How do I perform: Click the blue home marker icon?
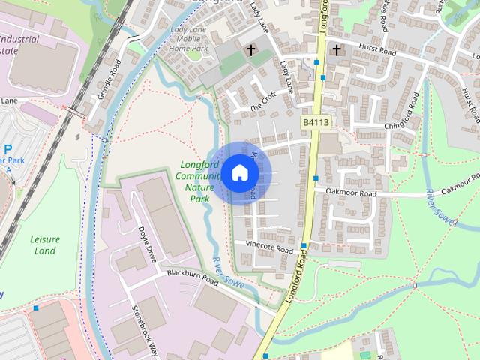click(x=240, y=172)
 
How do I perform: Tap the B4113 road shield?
click(x=315, y=121)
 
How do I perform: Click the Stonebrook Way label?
click(x=145, y=329)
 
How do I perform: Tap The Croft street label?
click(x=262, y=106)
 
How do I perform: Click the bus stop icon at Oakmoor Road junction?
click(x=317, y=178)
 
